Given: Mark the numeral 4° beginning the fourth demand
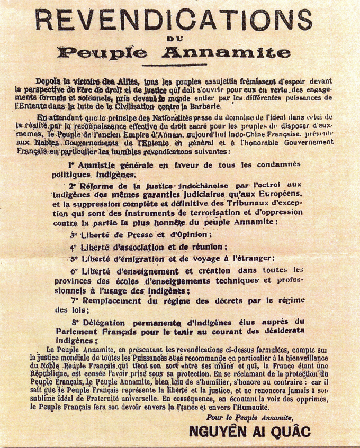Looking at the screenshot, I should [74, 246].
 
